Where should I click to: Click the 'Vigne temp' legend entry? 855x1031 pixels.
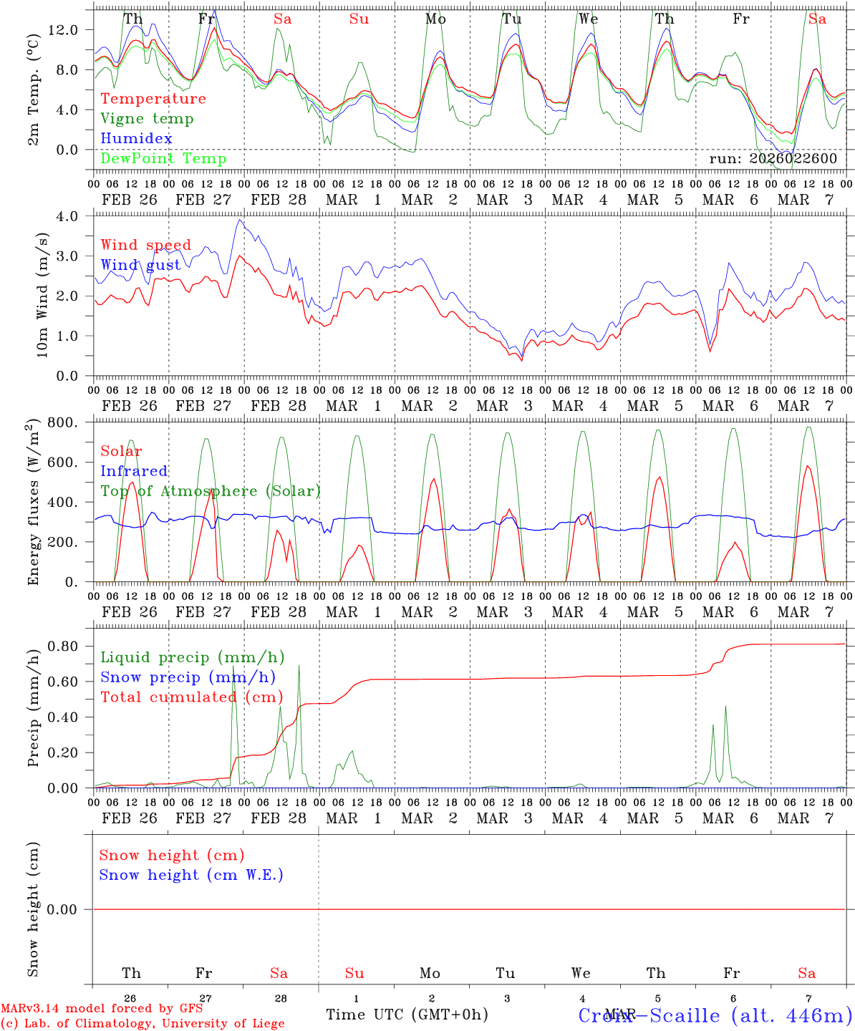(x=147, y=119)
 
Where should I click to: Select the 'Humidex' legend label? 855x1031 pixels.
(x=136, y=138)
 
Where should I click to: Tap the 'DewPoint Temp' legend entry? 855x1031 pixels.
(x=163, y=158)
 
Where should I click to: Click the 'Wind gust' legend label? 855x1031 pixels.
(x=140, y=265)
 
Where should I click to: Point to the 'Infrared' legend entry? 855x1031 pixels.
(x=134, y=471)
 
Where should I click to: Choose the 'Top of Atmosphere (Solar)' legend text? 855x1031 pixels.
(x=210, y=491)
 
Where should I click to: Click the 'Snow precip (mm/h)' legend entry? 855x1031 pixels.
(x=188, y=677)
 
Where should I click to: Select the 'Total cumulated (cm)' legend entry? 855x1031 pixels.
(x=191, y=697)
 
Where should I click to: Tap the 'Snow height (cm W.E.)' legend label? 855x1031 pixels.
(x=191, y=875)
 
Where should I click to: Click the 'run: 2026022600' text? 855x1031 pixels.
(x=773, y=159)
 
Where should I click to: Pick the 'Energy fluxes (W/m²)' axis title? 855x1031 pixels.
(x=33, y=503)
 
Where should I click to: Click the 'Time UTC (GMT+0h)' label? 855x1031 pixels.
(x=407, y=1015)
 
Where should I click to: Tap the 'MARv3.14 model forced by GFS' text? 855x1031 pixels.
(x=102, y=1009)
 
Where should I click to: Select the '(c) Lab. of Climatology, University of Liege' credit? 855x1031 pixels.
(x=142, y=1024)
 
